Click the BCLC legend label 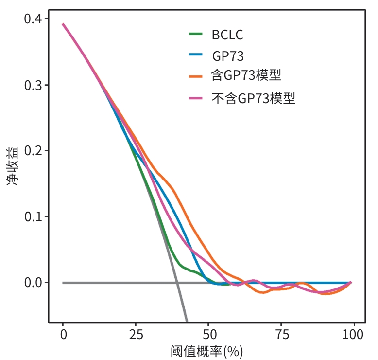click(x=227, y=35)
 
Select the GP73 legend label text click(x=228, y=56)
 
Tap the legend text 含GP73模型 click(x=246, y=75)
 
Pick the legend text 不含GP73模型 click(x=253, y=98)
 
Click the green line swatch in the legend click(x=196, y=34)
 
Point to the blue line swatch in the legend click(x=196, y=54)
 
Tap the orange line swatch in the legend click(x=196, y=76)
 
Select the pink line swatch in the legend click(x=196, y=98)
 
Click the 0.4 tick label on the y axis click(x=33, y=19)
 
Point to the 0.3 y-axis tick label click(x=33, y=85)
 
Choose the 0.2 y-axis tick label click(x=33, y=151)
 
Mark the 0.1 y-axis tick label click(x=33, y=216)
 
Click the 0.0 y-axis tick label click(x=33, y=283)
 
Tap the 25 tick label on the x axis click(x=136, y=335)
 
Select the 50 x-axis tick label click(x=209, y=335)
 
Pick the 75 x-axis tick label click(x=282, y=335)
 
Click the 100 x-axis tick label click(x=353, y=335)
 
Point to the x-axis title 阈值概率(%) click(x=206, y=352)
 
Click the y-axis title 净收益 click(x=13, y=166)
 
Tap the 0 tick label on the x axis click(x=63, y=335)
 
